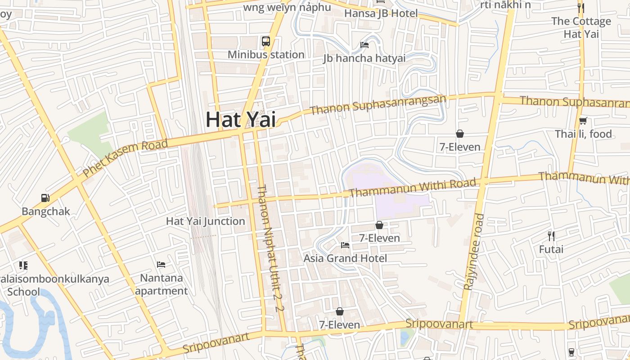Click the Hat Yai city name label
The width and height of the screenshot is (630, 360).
point(241,120)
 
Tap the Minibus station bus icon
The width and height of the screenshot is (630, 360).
point(266,41)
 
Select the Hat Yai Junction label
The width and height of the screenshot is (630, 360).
point(206,221)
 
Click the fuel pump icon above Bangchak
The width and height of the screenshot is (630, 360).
point(45,198)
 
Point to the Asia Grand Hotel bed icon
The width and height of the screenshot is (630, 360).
point(345,245)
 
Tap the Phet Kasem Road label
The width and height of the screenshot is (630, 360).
point(125,157)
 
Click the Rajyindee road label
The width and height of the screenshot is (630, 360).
point(473,252)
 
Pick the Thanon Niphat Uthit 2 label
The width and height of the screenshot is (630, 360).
point(270,248)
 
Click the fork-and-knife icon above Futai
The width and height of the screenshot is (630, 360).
point(551,236)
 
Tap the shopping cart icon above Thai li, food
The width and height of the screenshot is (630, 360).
point(583,121)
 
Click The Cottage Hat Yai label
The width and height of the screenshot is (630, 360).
point(581,27)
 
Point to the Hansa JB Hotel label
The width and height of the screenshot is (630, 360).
point(381,13)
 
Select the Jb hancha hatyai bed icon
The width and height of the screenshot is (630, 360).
point(364,45)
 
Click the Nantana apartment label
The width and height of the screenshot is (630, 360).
point(161,284)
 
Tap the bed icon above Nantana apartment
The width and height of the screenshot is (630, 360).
point(161,264)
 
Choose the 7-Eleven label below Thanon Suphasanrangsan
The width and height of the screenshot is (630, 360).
point(460,147)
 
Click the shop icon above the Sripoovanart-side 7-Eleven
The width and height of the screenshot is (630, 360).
point(340,311)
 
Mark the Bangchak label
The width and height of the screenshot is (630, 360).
point(46,211)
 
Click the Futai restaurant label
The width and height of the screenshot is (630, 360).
point(551,249)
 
